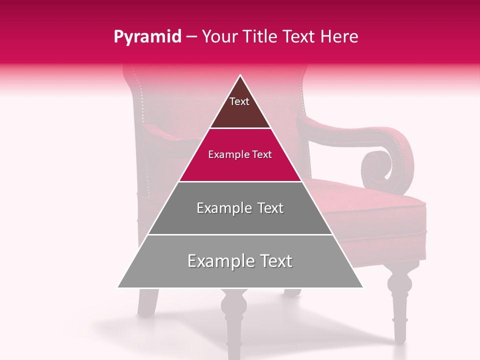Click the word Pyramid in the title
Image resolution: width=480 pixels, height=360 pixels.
pyautogui.click(x=147, y=37)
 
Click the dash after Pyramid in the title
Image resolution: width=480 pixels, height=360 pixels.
pyautogui.click(x=191, y=37)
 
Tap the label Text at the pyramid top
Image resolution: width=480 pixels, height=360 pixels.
pyautogui.click(x=239, y=102)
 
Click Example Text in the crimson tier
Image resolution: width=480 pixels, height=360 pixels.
pyautogui.click(x=240, y=154)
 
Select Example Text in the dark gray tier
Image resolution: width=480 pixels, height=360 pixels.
pyautogui.click(x=240, y=208)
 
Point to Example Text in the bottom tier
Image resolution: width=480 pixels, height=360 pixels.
pyautogui.click(x=240, y=261)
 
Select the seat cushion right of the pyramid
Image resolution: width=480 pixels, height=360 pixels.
pyautogui.click(x=380, y=210)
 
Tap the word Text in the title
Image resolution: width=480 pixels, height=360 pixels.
pyautogui.click(x=300, y=37)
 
